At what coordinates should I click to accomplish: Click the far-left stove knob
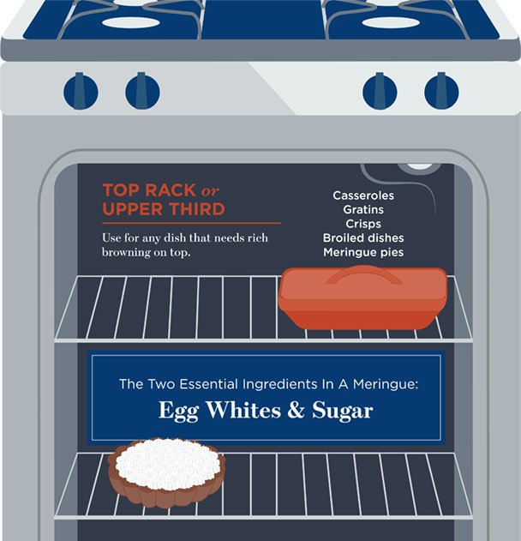click(x=81, y=89)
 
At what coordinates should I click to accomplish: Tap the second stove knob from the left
click(x=142, y=89)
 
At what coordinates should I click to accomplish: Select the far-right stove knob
click(x=441, y=89)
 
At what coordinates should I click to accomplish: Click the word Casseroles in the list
click(x=363, y=195)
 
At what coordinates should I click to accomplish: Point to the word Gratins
click(x=363, y=209)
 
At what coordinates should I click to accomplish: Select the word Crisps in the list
click(x=363, y=224)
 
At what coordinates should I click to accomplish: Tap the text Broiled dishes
click(x=363, y=237)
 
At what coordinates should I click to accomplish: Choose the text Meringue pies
click(x=363, y=252)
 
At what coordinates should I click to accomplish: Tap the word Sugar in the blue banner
click(x=342, y=411)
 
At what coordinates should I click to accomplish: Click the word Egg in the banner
click(x=177, y=411)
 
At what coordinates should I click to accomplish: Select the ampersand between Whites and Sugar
click(x=296, y=411)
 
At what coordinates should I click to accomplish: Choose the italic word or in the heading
click(x=213, y=190)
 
